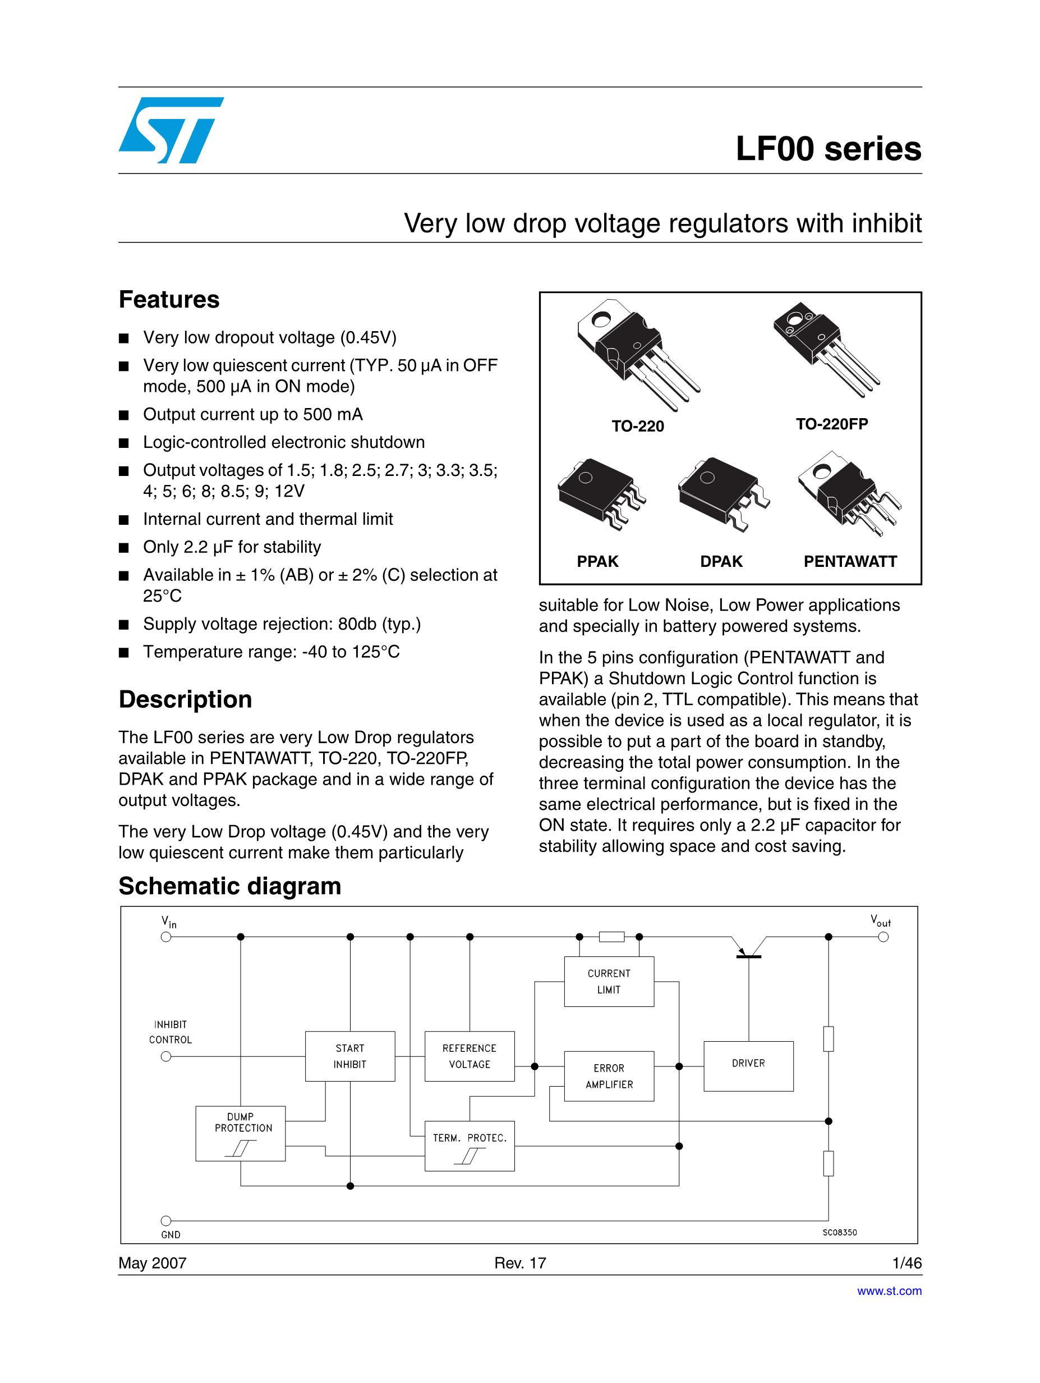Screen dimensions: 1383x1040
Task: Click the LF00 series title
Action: point(827,149)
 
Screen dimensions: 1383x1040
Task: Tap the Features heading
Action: point(169,300)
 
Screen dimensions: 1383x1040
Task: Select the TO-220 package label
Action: point(637,427)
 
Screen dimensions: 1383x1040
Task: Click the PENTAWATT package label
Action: point(850,561)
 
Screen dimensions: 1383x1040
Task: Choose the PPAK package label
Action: point(597,561)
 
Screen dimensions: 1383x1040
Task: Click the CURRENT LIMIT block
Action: point(609,982)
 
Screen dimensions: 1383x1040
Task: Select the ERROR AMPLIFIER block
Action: point(609,1076)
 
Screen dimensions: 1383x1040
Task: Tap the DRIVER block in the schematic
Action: point(748,1063)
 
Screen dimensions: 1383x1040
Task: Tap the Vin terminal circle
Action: point(166,937)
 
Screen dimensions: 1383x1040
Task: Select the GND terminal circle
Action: point(166,1220)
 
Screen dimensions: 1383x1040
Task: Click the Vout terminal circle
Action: point(883,937)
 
